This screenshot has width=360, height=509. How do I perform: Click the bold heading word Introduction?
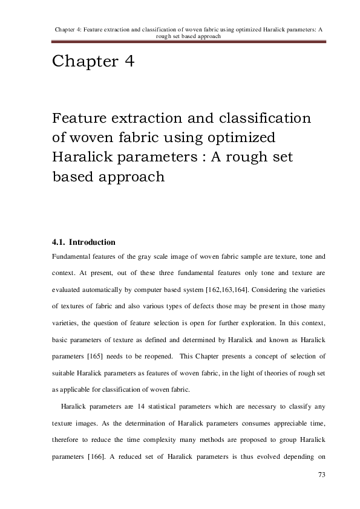(x=92, y=242)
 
